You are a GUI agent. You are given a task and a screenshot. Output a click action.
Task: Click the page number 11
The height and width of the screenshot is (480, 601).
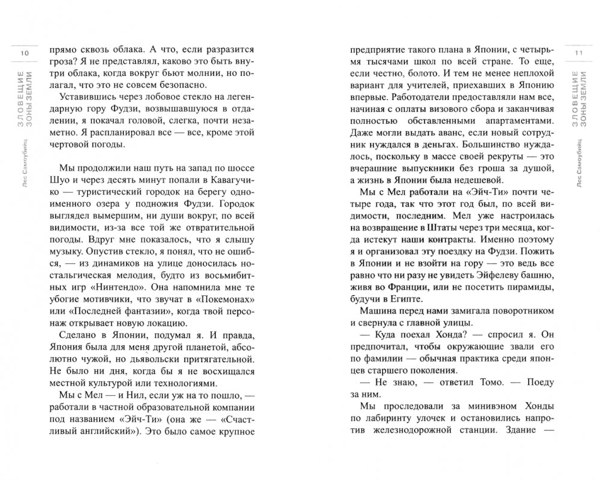(x=579, y=54)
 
